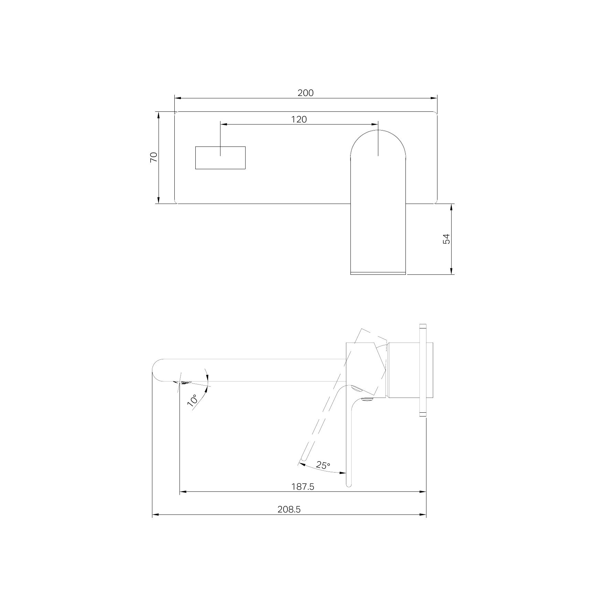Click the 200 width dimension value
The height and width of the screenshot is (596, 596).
(305, 93)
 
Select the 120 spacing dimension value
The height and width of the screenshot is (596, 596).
(299, 119)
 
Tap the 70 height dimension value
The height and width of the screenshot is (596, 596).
(154, 157)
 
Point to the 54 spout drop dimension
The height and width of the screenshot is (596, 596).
(446, 239)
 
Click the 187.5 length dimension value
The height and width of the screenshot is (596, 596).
(303, 487)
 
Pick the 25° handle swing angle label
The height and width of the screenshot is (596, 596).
(323, 465)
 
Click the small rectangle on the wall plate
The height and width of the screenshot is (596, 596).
(220, 158)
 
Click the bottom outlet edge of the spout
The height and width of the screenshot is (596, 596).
(378, 273)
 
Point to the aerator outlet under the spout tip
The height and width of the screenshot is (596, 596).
(182, 382)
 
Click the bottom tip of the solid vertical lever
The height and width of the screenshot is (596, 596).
(348, 485)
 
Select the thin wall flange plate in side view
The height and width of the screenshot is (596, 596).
(423, 370)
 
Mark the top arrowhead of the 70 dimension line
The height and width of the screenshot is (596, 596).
(159, 115)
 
